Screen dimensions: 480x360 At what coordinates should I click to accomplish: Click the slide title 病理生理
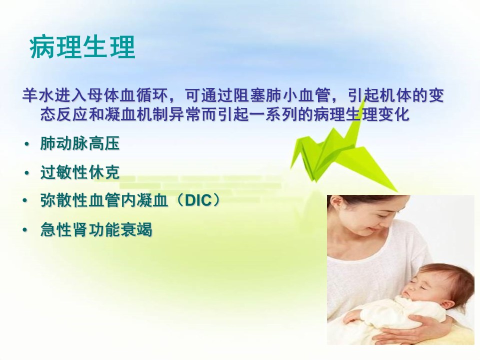82,47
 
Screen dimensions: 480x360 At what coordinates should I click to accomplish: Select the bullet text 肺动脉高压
79,143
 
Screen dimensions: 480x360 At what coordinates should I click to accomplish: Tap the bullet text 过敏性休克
79,172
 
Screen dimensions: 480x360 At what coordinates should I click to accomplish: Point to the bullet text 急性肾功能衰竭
96,229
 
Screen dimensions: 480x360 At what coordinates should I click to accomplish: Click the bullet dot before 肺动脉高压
27,144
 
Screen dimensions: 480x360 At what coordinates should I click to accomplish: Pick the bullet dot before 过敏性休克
27,173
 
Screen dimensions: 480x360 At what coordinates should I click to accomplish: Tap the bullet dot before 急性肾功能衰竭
25,230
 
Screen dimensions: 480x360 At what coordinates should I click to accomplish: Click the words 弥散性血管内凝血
104,200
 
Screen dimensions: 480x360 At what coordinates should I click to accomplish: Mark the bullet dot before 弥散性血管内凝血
25,201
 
